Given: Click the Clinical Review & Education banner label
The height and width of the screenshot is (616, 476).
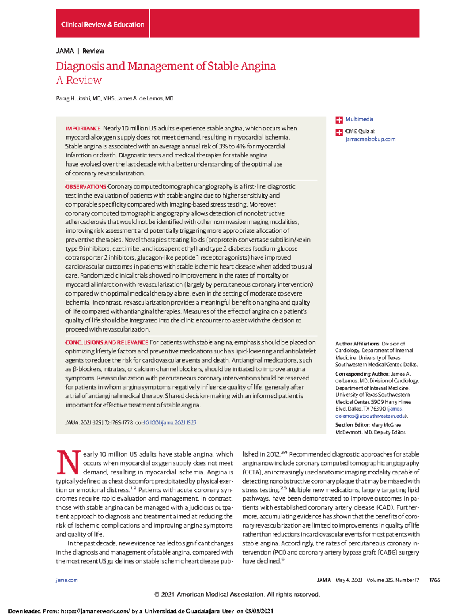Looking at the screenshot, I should click(x=103, y=25).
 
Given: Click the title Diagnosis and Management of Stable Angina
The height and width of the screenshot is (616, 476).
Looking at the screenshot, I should click(x=166, y=66).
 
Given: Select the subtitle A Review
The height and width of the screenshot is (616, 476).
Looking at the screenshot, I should click(x=79, y=81).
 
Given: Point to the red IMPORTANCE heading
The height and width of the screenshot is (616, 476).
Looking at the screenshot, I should click(x=83, y=129).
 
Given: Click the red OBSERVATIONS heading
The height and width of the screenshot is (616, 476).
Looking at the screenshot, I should click(x=85, y=187).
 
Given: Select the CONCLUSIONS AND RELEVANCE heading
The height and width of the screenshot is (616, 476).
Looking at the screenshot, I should click(x=106, y=342).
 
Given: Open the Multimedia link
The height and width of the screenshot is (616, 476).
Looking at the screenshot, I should click(x=359, y=119).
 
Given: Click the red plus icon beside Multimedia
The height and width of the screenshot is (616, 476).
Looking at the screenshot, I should click(x=339, y=120).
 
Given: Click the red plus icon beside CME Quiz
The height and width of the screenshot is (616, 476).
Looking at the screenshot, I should click(x=339, y=132).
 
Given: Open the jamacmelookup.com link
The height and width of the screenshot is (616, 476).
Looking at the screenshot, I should click(x=370, y=139).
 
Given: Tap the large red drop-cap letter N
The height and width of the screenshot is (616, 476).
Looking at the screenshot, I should click(x=69, y=463).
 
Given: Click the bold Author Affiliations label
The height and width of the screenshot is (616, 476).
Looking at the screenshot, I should click(x=357, y=344).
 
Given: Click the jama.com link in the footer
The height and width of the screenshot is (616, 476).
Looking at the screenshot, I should click(x=67, y=580).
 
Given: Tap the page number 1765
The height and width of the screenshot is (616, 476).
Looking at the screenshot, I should click(x=434, y=580).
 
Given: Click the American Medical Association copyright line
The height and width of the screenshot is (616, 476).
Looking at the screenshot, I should click(x=237, y=594).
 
